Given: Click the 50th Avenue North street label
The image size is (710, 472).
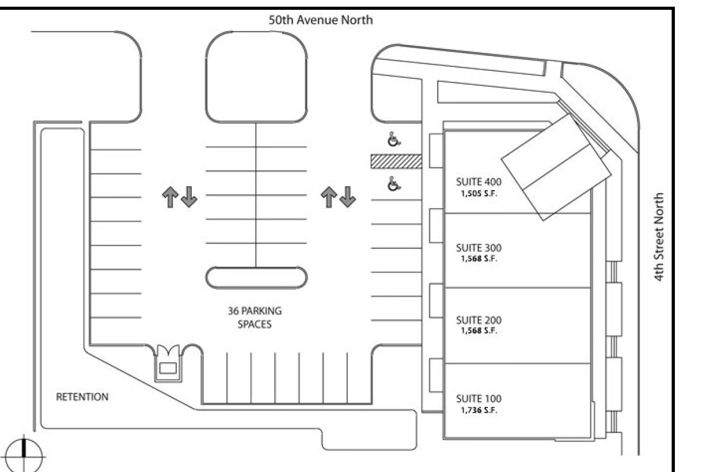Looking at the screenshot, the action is pos(321,20).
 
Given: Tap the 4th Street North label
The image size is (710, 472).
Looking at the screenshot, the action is pos(659,237).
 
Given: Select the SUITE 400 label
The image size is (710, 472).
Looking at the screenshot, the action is pos(479,182).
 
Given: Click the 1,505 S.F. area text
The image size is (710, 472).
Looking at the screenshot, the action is pos(479,194).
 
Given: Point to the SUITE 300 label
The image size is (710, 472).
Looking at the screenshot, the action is pos(479,248).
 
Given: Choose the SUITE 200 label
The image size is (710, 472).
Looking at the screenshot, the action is pos(479,320).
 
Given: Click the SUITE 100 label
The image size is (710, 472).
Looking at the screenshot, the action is pos(479,399).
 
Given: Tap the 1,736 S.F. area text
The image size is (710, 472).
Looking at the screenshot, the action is pos(479,410).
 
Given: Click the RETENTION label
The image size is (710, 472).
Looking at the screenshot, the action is pos(82,397).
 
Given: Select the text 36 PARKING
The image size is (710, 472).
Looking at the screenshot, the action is pos(255,311).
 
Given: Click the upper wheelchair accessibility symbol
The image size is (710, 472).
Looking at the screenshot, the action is pos(394,139).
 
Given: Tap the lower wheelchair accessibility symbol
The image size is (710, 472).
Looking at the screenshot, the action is pos(394,184).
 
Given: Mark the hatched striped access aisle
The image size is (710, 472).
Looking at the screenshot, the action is pos(396,161).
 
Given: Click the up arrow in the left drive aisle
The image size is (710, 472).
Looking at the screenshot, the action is pos(170,197).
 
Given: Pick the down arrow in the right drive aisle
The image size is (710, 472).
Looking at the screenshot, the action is pos(348,197).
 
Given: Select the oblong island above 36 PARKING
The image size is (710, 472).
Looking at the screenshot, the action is pos(256,278).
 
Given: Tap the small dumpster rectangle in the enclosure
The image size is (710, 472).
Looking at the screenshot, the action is pos(168,368).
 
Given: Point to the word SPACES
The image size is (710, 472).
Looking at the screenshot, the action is pos(255,324).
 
